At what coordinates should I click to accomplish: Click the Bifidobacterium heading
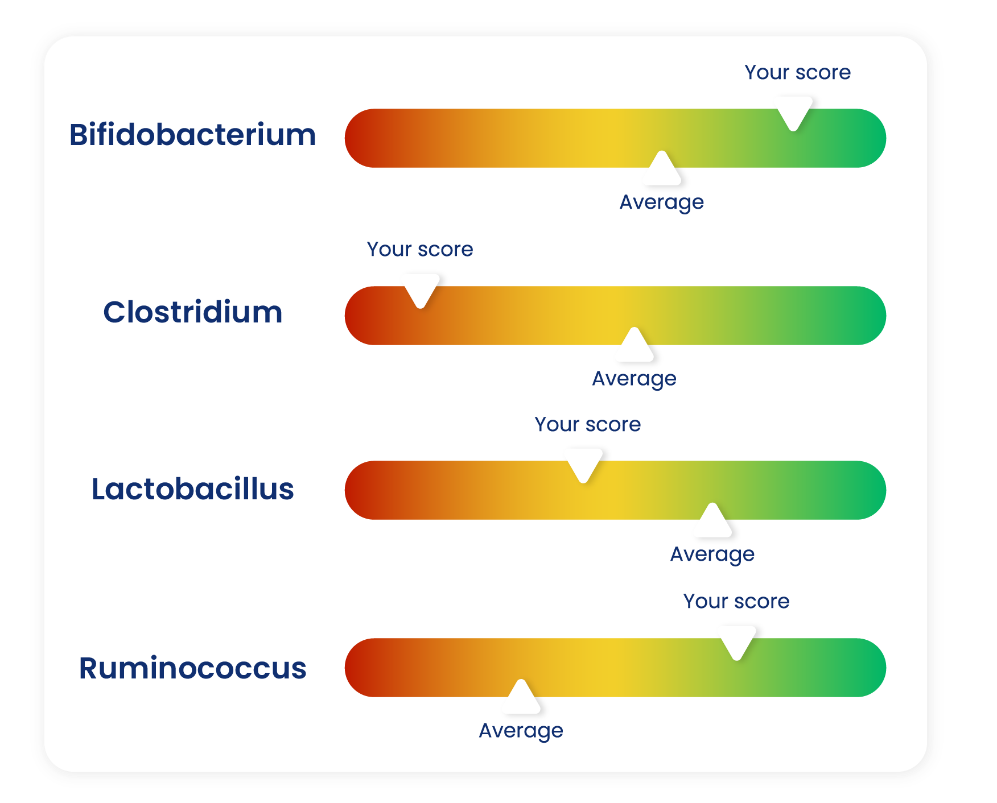pyautogui.click(x=192, y=135)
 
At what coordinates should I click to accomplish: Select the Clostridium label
pyautogui.click(x=192, y=312)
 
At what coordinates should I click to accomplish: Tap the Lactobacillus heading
pyautogui.click(x=192, y=489)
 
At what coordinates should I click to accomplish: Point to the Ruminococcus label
pyautogui.click(x=192, y=668)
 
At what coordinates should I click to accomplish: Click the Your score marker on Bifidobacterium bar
pyautogui.click(x=794, y=113)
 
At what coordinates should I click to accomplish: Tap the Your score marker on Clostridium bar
pyautogui.click(x=421, y=290)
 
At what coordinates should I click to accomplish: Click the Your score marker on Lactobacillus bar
pyautogui.click(x=584, y=465)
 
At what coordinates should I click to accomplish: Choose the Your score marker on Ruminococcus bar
pyautogui.click(x=738, y=642)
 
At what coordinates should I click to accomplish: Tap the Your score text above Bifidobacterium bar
pyautogui.click(x=798, y=72)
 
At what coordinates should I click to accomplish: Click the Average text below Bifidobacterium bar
pyautogui.click(x=661, y=202)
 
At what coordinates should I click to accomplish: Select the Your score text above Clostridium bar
pyautogui.click(x=420, y=249)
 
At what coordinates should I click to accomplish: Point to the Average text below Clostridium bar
pyautogui.click(x=635, y=379)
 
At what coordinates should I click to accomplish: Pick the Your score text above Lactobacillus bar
pyautogui.click(x=588, y=424)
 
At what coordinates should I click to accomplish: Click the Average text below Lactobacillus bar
pyautogui.click(x=712, y=554)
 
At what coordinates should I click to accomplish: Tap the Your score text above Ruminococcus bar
pyautogui.click(x=736, y=601)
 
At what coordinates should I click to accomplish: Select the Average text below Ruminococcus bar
pyautogui.click(x=521, y=731)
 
